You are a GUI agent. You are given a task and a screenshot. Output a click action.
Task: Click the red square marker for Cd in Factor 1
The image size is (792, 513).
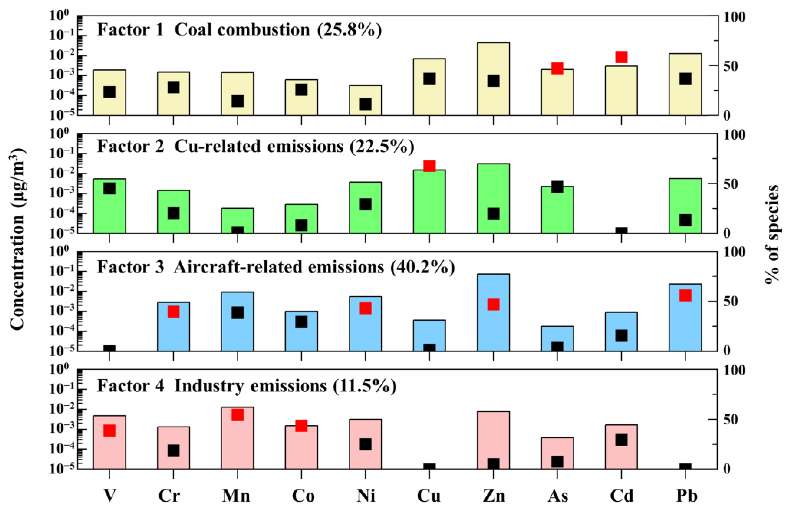tap(621, 57)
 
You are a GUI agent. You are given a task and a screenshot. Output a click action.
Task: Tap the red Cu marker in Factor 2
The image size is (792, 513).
tap(429, 166)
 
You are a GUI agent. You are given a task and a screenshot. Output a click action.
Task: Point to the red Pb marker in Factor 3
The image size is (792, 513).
tap(685, 295)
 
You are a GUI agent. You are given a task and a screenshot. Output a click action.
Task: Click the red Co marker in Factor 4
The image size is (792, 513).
tap(301, 426)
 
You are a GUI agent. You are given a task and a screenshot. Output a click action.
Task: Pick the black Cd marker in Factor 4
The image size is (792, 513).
tap(621, 439)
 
